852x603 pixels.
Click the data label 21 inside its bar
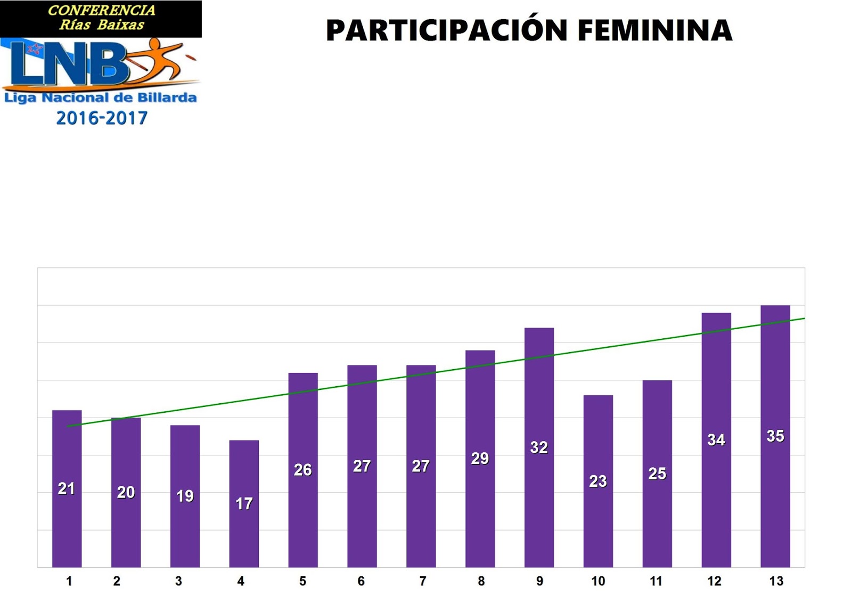click(67, 488)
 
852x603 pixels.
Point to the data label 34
click(716, 439)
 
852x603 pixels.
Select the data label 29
click(480, 458)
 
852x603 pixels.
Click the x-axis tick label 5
click(302, 581)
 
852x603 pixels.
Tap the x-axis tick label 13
click(776, 581)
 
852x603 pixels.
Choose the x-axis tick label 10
click(598, 581)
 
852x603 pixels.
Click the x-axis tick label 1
click(69, 581)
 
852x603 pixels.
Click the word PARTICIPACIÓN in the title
click(446, 30)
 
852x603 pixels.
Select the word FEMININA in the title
click(655, 30)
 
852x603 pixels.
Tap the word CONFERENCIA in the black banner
click(101, 10)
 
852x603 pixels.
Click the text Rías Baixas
click(101, 25)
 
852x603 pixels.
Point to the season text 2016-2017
click(102, 118)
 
